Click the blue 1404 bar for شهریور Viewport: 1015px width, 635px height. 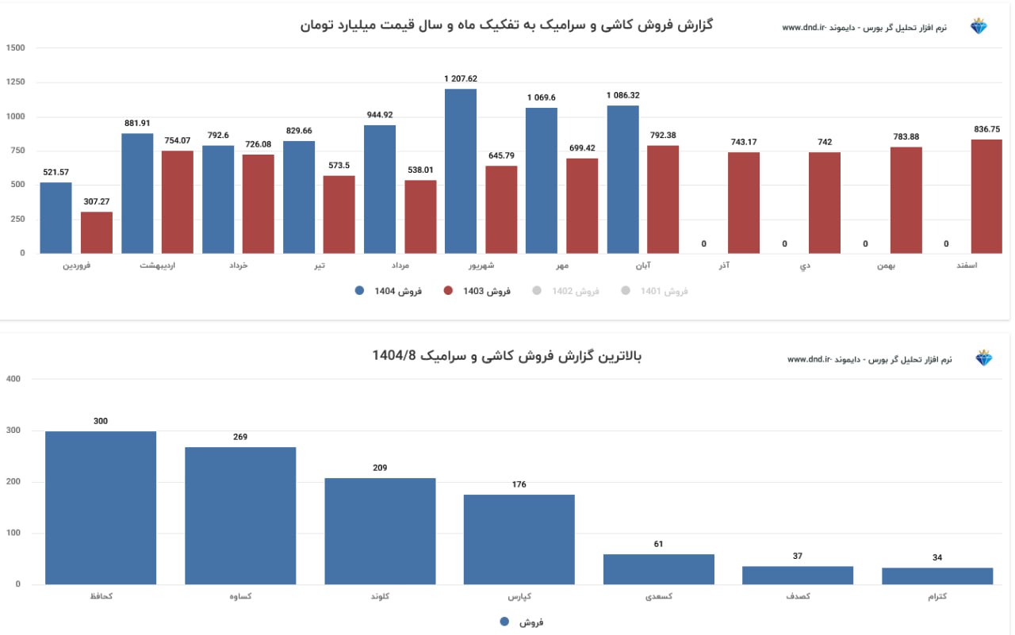coord(461,170)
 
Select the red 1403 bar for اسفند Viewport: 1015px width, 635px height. coord(987,196)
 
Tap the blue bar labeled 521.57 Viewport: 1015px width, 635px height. coord(56,217)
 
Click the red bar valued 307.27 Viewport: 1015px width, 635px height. coord(97,232)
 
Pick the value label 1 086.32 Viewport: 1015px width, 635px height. coord(623,95)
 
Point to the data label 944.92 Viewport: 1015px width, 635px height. coord(380,115)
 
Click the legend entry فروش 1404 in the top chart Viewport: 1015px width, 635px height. coord(389,291)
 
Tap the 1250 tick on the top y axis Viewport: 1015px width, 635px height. coord(15,82)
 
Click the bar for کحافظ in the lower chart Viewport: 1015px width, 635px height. coord(101,507)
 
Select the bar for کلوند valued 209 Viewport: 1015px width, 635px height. coord(380,531)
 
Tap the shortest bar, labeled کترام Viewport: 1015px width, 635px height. coord(937,576)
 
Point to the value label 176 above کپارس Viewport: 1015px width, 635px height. coord(519,484)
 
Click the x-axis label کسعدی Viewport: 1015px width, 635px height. coord(658,596)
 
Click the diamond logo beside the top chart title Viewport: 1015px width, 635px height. coord(979,27)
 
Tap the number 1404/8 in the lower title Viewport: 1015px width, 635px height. coord(394,355)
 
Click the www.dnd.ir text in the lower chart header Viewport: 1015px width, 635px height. coord(807,359)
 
